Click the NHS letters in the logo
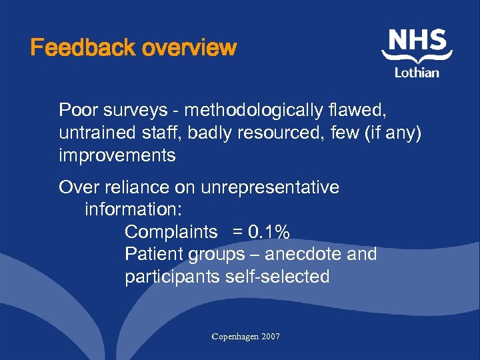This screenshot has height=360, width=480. tap(417, 42)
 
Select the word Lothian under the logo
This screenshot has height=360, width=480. tap(417, 73)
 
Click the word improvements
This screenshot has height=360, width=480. tap(117, 156)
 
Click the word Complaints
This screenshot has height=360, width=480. tap(171, 232)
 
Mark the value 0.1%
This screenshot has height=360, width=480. tap(269, 232)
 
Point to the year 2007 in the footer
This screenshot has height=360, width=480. tap(271, 337)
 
